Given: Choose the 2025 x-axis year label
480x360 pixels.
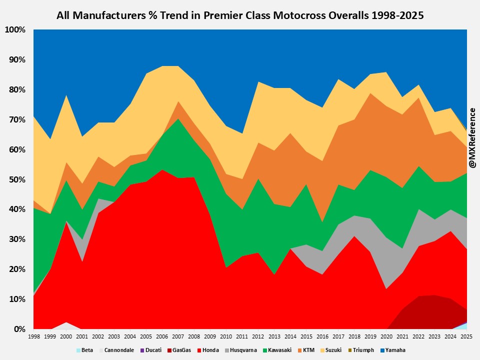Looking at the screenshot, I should [466, 337].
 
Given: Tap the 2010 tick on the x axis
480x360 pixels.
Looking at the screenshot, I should [226, 337].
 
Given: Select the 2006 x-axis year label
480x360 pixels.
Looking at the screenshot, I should [162, 337].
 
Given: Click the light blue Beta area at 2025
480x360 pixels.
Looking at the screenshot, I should [464, 326].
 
